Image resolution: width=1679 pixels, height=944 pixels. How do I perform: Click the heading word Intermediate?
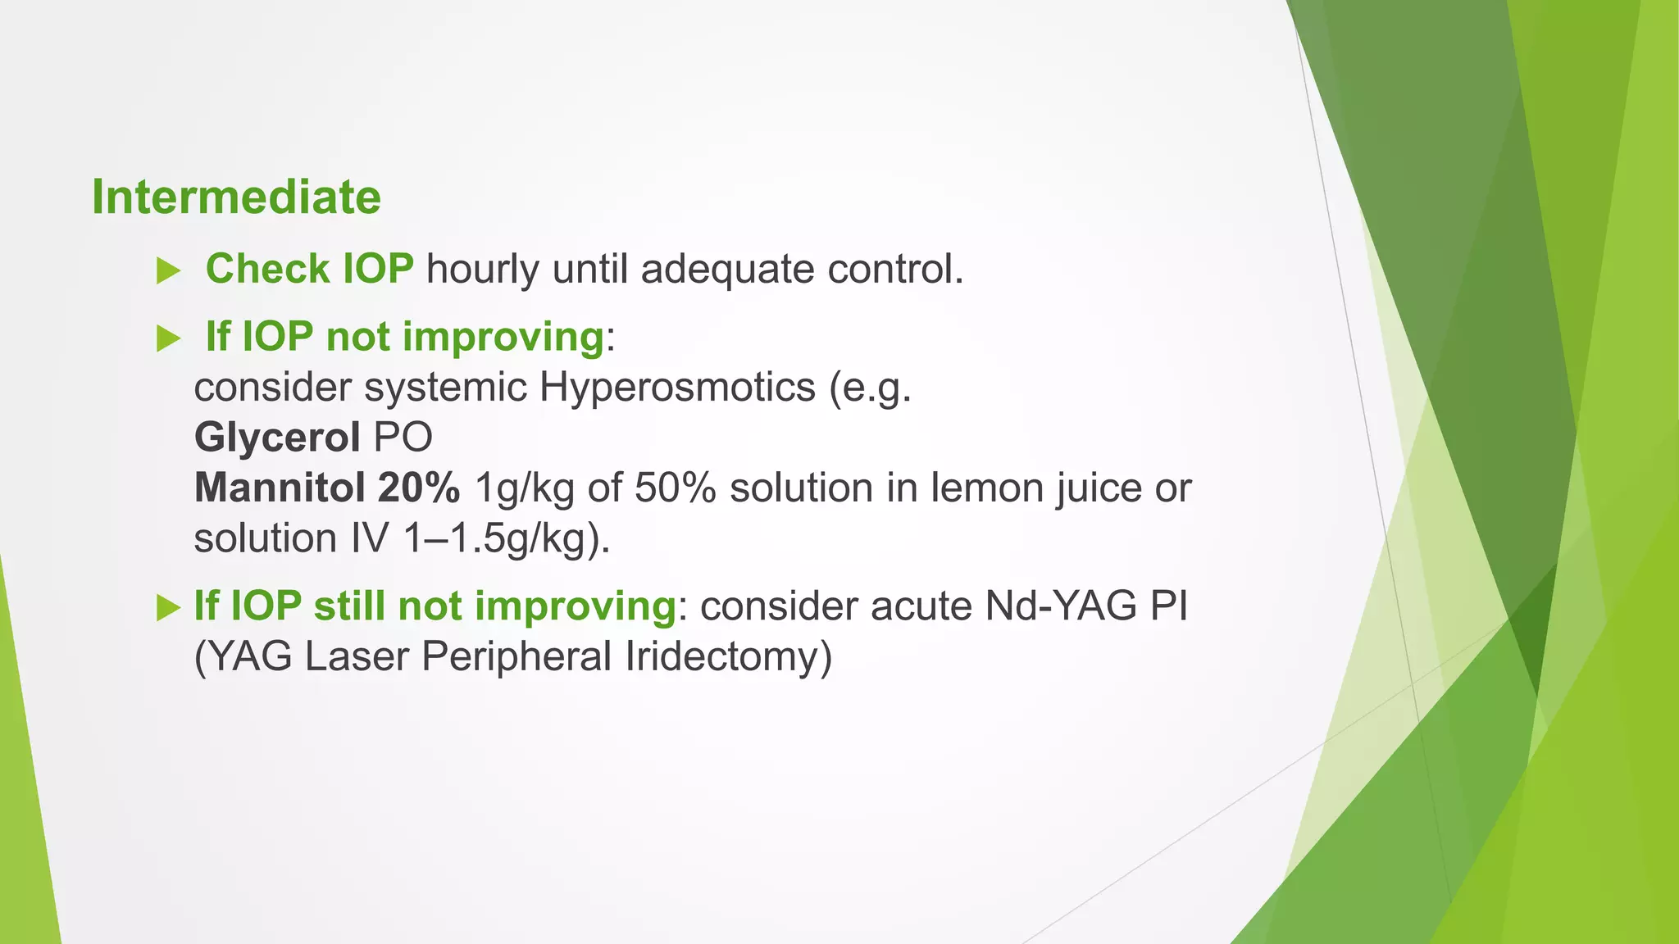236,197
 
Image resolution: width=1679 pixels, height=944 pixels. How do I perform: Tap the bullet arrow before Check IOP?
168,271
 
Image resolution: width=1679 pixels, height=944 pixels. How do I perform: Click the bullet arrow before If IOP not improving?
168,338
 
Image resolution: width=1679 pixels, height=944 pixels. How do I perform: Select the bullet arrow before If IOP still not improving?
168,608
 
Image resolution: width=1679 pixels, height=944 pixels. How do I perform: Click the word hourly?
482,270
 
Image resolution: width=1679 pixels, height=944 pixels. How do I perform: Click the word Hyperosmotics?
677,387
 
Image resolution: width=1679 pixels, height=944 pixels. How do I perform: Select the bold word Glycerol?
277,438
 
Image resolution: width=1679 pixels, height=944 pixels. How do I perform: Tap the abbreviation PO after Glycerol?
403,438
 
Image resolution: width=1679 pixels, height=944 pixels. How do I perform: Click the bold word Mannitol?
279,488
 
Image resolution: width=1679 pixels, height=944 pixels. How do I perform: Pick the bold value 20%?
418,488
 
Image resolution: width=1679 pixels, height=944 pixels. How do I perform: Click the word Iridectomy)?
728,657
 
